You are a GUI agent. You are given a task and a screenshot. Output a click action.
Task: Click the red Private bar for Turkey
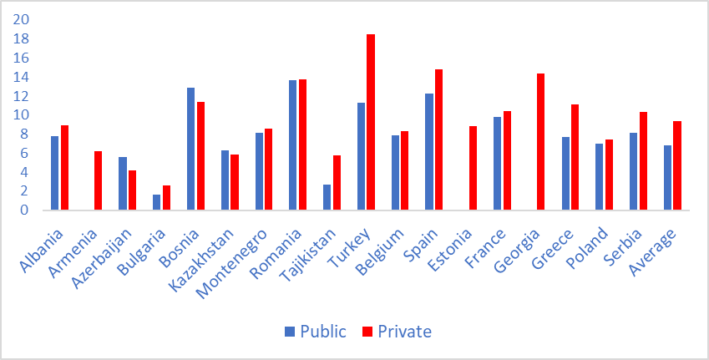[x=371, y=122]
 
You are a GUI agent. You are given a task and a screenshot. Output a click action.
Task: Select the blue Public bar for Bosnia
[x=190, y=149]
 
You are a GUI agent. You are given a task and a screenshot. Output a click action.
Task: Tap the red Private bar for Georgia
[x=541, y=141]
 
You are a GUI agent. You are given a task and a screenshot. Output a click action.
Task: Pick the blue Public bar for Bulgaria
[x=156, y=202]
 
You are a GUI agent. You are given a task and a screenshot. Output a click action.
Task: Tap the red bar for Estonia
[x=473, y=168]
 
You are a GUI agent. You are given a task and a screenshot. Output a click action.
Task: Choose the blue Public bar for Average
[x=667, y=177]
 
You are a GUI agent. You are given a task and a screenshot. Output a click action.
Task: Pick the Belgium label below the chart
[x=390, y=242]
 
